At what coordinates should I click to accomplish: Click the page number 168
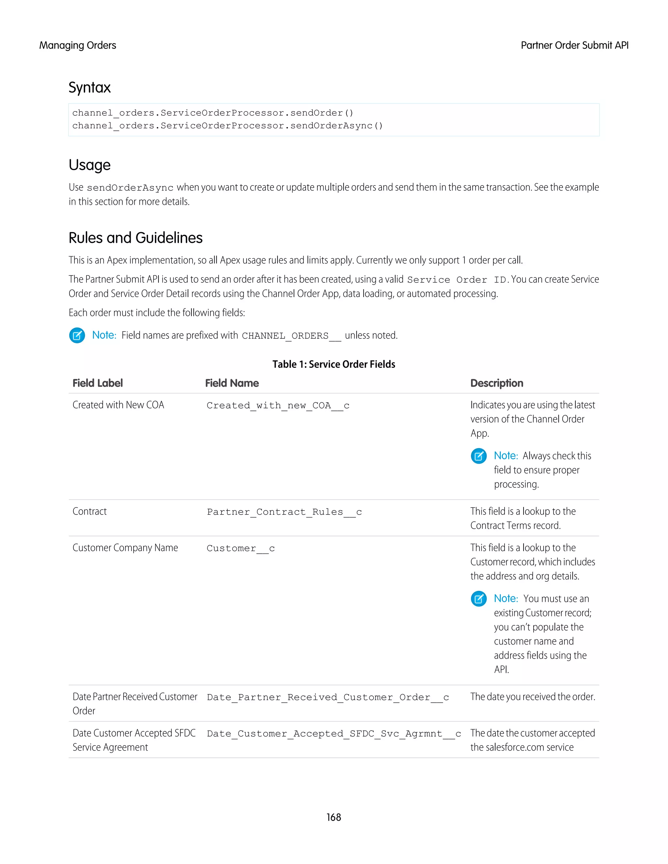click(334, 817)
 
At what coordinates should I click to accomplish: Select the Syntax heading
click(89, 87)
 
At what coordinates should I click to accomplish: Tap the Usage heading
click(89, 165)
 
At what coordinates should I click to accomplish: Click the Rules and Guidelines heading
click(135, 238)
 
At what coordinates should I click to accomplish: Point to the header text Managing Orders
click(78, 46)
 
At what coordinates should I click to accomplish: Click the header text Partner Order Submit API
click(574, 46)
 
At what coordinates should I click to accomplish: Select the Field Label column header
click(98, 383)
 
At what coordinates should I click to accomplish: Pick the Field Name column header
click(232, 383)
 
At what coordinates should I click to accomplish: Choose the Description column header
click(497, 383)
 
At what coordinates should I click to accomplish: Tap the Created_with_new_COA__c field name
click(278, 406)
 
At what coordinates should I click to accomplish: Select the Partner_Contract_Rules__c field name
click(284, 512)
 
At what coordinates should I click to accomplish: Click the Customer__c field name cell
click(241, 548)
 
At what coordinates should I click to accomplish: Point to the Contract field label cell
click(90, 512)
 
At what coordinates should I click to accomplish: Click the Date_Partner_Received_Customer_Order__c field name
click(328, 697)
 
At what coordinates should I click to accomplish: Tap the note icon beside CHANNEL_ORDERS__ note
click(77, 335)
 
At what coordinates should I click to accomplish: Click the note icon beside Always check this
click(478, 456)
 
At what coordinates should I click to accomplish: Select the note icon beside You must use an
click(478, 599)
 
